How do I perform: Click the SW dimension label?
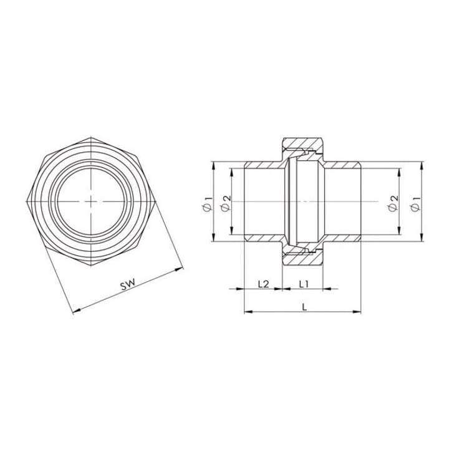point(127,285)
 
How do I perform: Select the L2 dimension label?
point(263,284)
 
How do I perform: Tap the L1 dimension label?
point(304,284)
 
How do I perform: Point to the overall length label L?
point(304,307)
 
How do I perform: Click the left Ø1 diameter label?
point(208,204)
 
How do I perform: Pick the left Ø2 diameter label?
point(226,203)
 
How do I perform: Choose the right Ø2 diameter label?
point(393,203)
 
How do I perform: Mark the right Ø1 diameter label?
point(415,204)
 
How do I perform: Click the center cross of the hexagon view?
point(91,201)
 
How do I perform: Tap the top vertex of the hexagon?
point(91,137)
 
